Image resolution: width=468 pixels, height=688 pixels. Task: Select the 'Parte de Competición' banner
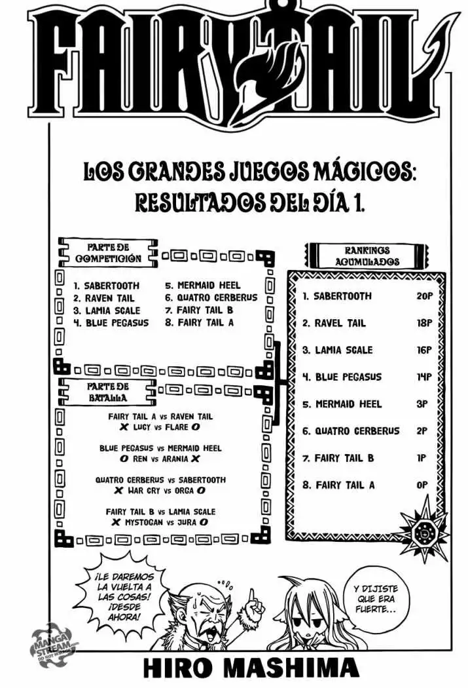pyautogui.click(x=108, y=253)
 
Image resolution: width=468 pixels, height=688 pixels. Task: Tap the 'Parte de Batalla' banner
pyautogui.click(x=107, y=392)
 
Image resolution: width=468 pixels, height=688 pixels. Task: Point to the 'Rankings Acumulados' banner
pyautogui.click(x=367, y=256)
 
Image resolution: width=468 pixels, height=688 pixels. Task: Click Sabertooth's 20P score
pyautogui.click(x=424, y=296)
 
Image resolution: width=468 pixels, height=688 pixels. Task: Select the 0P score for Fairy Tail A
pyautogui.click(x=422, y=485)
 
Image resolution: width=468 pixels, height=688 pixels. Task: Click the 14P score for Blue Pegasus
pyautogui.click(x=424, y=377)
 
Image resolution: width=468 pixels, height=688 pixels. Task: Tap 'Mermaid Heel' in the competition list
pyautogui.click(x=209, y=285)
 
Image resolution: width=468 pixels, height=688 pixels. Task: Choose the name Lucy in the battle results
pyautogui.click(x=141, y=427)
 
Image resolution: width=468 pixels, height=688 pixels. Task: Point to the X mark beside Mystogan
pyautogui.click(x=116, y=522)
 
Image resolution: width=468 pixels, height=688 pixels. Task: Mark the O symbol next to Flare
pyautogui.click(x=196, y=427)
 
